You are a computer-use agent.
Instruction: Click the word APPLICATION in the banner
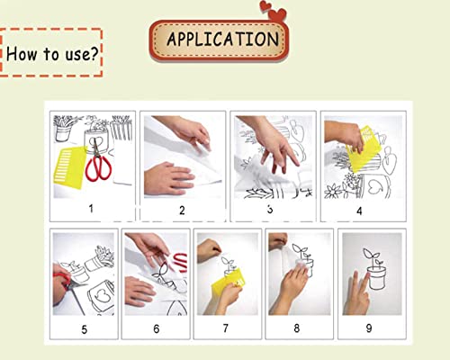[x=222, y=39]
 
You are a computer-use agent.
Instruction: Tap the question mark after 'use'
[x=94, y=53]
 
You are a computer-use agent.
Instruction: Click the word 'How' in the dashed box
[x=22, y=54]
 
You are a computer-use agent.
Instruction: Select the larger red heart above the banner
[x=277, y=14]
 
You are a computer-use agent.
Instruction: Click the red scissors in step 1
[x=98, y=161]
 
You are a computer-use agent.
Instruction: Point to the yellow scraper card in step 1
[x=69, y=167]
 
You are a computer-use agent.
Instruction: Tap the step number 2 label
[x=182, y=211]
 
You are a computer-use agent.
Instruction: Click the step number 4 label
[x=359, y=211]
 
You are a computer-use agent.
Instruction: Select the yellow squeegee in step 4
[x=364, y=150]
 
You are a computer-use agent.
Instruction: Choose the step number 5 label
[x=85, y=329]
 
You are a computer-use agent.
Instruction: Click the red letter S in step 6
[x=180, y=263]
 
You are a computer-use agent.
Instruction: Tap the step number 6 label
[x=157, y=328]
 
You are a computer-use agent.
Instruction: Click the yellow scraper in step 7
[x=228, y=283]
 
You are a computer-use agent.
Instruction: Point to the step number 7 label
[x=226, y=328]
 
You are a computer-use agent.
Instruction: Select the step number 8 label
[x=297, y=328]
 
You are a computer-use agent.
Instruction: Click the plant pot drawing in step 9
[x=376, y=278]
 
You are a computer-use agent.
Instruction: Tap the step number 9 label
[x=369, y=328]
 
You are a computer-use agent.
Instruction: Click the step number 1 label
[x=91, y=208]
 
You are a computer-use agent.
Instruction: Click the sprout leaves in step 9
[x=371, y=256]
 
